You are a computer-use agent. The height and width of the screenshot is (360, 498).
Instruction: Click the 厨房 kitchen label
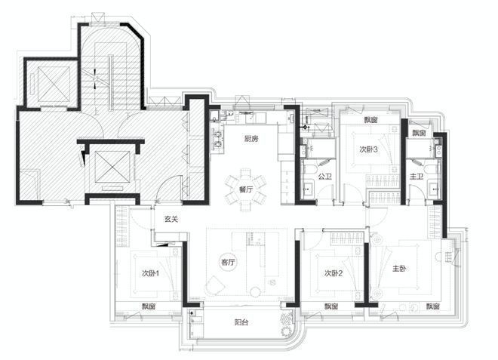coord(251,139)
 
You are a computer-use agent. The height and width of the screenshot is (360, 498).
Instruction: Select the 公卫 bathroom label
coord(325,177)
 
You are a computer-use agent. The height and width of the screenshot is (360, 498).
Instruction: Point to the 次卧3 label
coord(368,150)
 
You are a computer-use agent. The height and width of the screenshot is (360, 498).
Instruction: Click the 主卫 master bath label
coord(416,177)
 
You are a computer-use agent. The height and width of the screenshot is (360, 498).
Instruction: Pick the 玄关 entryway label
coord(170,219)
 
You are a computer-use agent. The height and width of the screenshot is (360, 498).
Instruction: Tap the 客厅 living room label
coord(228,262)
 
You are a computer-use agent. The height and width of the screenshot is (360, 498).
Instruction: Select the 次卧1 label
coord(150,273)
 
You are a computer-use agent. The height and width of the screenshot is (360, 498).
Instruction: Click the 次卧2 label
coord(334,273)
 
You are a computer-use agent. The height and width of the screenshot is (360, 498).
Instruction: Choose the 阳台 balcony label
coord(242,322)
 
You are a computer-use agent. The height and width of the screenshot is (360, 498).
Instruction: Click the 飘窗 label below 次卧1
coord(149,306)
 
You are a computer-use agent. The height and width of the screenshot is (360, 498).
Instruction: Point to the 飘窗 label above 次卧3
coord(370,120)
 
